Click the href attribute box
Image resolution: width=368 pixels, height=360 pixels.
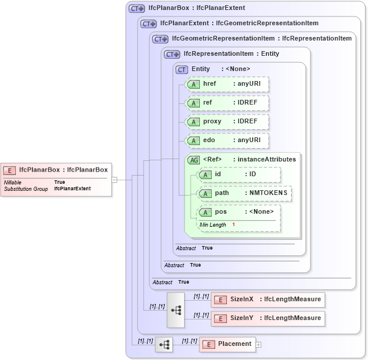tap(227, 84)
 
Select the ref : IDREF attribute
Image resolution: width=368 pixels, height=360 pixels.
tap(227, 103)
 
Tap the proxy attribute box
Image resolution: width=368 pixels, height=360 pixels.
tap(227, 122)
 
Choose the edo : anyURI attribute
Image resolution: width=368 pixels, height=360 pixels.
tap(227, 140)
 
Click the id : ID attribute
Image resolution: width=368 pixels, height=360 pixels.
tap(239, 174)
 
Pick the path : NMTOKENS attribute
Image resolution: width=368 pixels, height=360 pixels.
tap(244, 193)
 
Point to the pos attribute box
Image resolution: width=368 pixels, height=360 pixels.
tap(239, 212)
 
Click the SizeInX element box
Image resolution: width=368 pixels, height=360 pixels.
tap(268, 300)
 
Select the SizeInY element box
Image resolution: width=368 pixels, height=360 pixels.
tap(268, 318)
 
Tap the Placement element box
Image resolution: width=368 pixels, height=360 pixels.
tap(228, 344)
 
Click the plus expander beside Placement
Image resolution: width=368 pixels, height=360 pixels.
tap(259, 345)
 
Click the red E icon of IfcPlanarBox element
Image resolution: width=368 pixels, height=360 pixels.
tap(9, 170)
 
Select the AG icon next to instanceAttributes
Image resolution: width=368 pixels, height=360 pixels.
tap(193, 160)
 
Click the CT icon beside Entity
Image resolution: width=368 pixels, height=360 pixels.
tap(182, 69)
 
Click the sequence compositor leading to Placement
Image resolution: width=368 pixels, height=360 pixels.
tap(164, 344)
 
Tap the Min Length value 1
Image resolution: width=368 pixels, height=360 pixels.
tap(233, 225)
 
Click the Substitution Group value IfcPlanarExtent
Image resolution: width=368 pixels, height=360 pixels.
tap(72, 189)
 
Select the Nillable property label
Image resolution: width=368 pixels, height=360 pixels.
tap(13, 183)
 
